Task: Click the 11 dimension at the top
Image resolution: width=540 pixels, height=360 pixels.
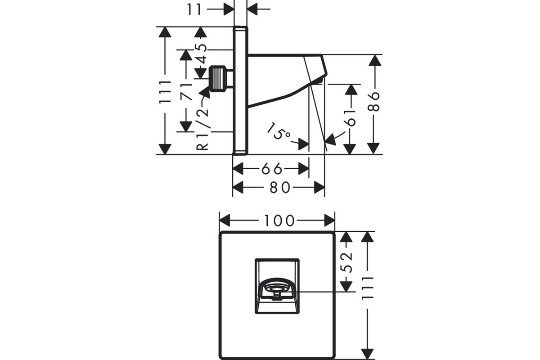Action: click(x=194, y=9)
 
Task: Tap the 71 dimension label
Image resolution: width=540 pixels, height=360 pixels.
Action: click(x=186, y=92)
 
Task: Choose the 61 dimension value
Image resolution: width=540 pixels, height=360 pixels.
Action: click(x=350, y=118)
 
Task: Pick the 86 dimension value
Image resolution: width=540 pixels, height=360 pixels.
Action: click(x=373, y=102)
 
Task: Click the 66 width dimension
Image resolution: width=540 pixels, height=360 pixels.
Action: click(x=271, y=169)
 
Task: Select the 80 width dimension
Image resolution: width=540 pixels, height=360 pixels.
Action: click(x=280, y=187)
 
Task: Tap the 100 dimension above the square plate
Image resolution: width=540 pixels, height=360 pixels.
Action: click(x=279, y=220)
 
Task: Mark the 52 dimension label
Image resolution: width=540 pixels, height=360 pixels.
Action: click(x=346, y=262)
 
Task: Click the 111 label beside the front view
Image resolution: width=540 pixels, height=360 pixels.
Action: click(x=368, y=288)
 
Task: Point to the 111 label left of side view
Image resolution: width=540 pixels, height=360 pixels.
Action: click(x=165, y=92)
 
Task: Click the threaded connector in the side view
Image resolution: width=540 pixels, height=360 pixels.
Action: click(x=219, y=79)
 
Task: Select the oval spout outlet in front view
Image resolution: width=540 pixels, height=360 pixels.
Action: click(x=277, y=289)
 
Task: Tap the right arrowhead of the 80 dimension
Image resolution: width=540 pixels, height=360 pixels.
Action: click(x=319, y=187)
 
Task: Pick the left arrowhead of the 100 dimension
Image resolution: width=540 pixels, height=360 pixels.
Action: click(x=225, y=220)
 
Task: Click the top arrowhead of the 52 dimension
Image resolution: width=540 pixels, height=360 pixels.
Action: click(x=346, y=237)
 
